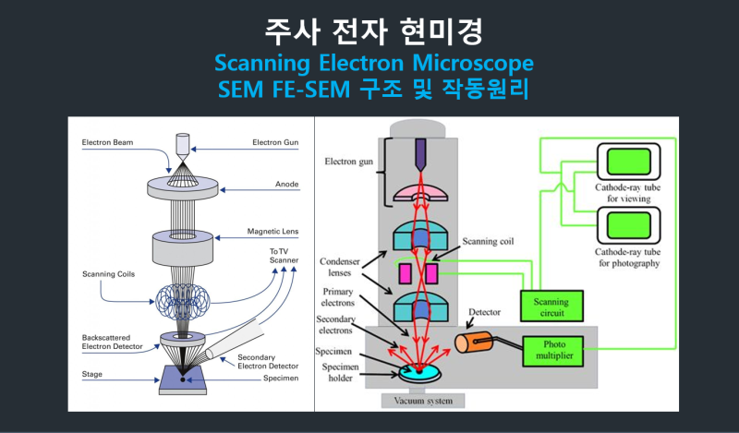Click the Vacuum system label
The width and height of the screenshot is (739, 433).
(x=423, y=401)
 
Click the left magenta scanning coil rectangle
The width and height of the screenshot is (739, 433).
(x=404, y=273)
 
